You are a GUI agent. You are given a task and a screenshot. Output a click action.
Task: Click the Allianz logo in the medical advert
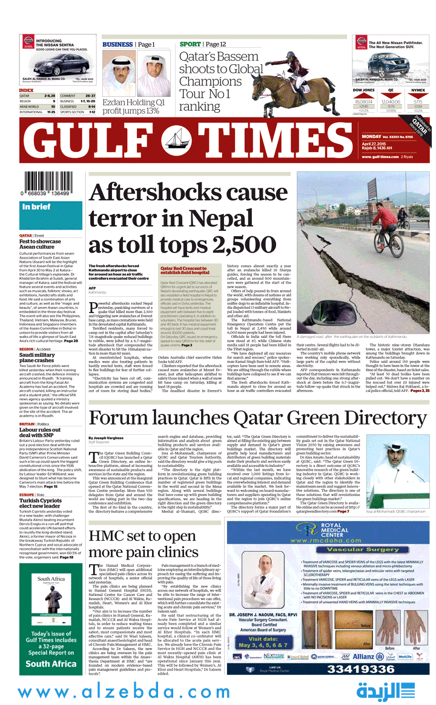(x=363, y=657)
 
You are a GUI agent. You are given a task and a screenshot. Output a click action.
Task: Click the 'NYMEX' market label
(x=418, y=90)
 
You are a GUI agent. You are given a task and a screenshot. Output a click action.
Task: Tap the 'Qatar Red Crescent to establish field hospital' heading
(x=186, y=270)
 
